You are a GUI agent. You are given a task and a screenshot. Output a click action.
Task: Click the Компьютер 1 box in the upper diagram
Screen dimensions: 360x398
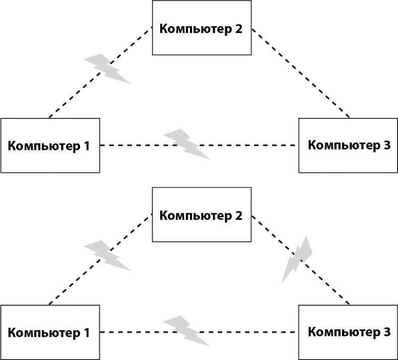[x=50, y=146]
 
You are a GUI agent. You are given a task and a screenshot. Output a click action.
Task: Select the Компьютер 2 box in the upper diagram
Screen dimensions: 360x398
[x=202, y=28]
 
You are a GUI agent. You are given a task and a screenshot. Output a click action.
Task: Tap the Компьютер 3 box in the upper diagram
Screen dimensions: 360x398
[x=348, y=146]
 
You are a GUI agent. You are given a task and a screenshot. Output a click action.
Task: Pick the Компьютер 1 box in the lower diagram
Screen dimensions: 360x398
[x=50, y=332]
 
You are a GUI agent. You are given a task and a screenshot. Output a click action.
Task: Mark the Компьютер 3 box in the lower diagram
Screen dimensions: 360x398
[x=348, y=332]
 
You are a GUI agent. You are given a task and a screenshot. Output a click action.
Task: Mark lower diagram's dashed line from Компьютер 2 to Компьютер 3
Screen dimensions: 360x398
[x=327, y=285]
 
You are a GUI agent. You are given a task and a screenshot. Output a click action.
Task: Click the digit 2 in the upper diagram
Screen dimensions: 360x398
[x=238, y=28]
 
